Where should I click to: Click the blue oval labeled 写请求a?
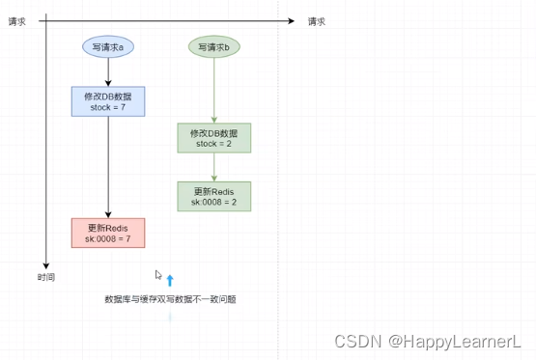click(x=108, y=46)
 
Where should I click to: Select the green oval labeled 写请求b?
click(x=214, y=46)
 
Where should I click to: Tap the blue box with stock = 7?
click(x=108, y=101)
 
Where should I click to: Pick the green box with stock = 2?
click(x=214, y=138)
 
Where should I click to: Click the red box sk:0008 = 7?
click(x=108, y=233)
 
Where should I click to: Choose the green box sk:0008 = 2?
click(x=214, y=196)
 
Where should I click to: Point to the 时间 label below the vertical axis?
click(x=45, y=277)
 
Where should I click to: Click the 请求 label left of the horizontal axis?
click(x=17, y=20)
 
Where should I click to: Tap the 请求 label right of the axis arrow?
click(x=317, y=20)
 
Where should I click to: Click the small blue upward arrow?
click(x=170, y=281)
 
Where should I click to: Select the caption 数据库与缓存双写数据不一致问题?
click(x=170, y=300)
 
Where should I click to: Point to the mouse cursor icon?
click(x=158, y=275)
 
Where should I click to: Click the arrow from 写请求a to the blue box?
click(x=108, y=72)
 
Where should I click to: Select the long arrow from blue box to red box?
click(x=108, y=166)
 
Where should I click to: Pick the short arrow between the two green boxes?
click(x=214, y=167)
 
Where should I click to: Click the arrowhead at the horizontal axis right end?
click(x=290, y=20)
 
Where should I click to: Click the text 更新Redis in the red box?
click(x=108, y=227)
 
